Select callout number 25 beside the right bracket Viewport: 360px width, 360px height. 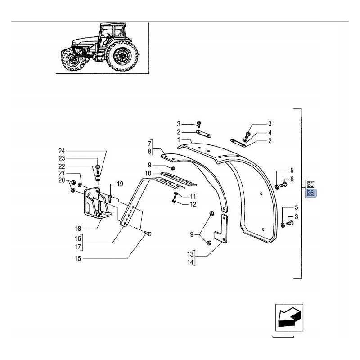click(x=310, y=184)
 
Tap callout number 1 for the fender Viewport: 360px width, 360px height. click(x=179, y=140)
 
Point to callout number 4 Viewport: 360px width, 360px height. click(x=270, y=133)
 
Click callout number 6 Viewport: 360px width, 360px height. click(x=292, y=179)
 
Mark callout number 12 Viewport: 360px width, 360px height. click(x=193, y=204)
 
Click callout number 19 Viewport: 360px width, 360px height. click(x=120, y=184)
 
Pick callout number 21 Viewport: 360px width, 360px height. click(x=62, y=174)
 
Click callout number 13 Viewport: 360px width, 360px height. click(x=190, y=254)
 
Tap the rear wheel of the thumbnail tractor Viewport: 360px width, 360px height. click(x=122, y=57)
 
